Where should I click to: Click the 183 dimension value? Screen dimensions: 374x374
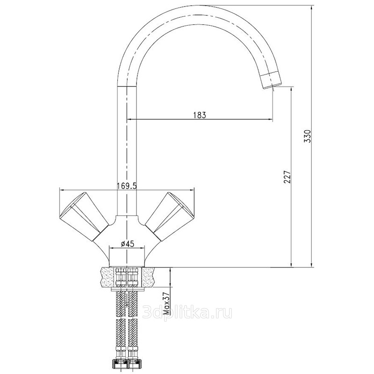(200, 115)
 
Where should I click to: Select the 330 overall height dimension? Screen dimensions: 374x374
(309, 136)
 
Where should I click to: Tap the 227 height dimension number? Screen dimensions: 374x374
(288, 177)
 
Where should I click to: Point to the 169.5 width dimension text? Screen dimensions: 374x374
(127, 186)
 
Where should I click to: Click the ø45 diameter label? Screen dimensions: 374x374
(128, 244)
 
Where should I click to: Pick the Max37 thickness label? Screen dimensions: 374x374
(166, 303)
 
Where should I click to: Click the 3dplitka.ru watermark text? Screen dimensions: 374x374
(187, 312)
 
